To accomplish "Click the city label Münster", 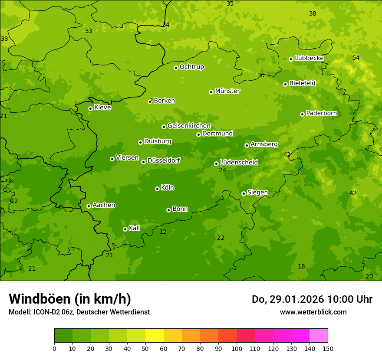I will [227, 91].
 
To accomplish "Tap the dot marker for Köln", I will [157, 189].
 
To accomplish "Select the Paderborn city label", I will [321, 113].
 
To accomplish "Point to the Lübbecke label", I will [309, 58].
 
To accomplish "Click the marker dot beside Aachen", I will [89, 206].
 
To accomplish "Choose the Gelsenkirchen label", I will [189, 126].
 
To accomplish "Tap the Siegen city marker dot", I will [244, 193].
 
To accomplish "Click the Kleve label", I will [102, 108].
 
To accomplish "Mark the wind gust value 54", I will [356, 58].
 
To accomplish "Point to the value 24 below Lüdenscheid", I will [222, 170].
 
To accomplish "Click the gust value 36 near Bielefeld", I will [261, 75].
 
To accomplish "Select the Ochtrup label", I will [191, 67].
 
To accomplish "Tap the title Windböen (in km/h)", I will [70, 299].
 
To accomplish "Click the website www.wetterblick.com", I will [313, 312].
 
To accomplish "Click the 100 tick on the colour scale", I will [237, 348].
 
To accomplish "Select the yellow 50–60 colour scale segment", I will [155, 336].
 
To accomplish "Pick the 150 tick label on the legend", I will [328, 348].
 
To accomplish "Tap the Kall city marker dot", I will [125, 229].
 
